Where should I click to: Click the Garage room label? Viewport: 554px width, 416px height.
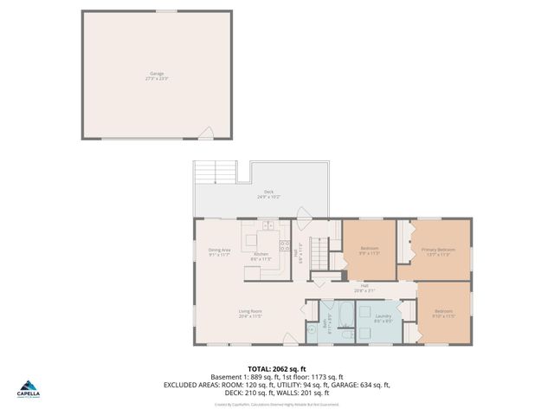coord(156,75)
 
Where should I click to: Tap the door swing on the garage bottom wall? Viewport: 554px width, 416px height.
coord(206,133)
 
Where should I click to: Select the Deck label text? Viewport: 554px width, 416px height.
coord(267,194)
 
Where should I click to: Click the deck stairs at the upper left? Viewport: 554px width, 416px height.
coord(215,171)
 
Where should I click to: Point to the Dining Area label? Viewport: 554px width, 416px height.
coord(219,252)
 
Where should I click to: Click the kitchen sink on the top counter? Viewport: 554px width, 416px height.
coord(267,226)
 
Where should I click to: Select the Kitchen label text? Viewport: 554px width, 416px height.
coord(261,256)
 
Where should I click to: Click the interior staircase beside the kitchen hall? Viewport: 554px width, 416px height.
coord(321,257)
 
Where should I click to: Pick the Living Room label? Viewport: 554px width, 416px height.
coord(250,313)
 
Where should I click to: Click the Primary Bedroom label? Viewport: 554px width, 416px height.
coord(438,252)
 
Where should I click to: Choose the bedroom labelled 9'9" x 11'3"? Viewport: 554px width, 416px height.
coord(370,251)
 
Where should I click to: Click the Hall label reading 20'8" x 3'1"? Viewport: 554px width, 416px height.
coord(364,288)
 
